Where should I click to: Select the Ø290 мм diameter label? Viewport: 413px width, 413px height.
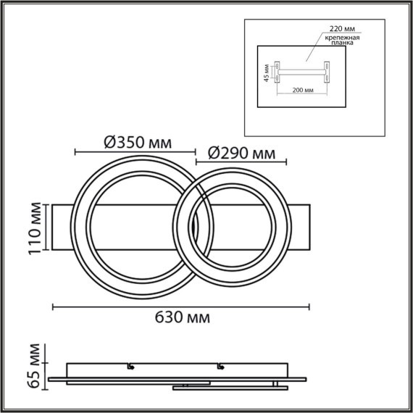241,153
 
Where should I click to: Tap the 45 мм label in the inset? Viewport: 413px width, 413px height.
266,73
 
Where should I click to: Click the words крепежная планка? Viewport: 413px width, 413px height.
340,40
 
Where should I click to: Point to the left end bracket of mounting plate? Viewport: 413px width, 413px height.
275,72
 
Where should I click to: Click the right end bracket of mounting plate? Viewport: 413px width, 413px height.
328,72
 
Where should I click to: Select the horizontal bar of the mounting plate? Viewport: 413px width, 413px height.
301,71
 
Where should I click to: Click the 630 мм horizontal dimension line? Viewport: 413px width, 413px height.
181,307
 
